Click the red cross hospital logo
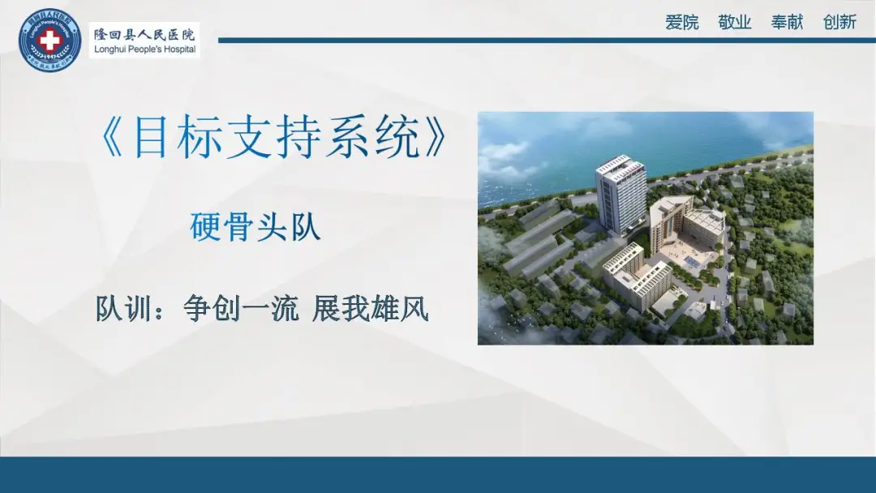[x=50, y=40]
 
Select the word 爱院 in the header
[x=681, y=22]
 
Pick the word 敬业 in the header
[x=734, y=22]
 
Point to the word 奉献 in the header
[x=787, y=22]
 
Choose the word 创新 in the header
[x=839, y=22]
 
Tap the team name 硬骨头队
[x=255, y=226]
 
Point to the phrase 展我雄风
[x=370, y=309]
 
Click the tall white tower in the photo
[x=620, y=195]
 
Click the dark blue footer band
[x=438, y=474]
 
